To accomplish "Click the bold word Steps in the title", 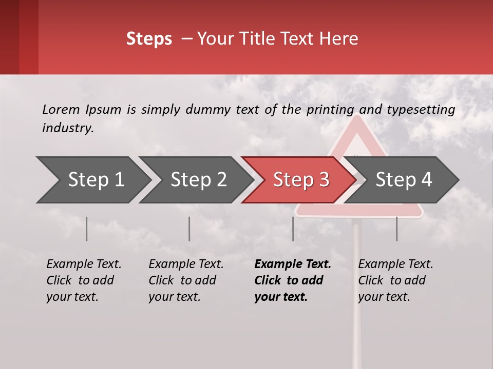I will click(149, 39).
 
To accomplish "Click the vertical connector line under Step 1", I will click(87, 229).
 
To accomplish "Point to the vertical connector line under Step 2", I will click(189, 229).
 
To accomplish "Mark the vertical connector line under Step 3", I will click(293, 229).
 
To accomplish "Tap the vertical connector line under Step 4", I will click(396, 229).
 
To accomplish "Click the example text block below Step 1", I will click(84, 280).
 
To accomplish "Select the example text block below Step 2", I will click(186, 280).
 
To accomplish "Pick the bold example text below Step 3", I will click(293, 280).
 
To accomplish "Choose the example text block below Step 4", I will click(395, 280).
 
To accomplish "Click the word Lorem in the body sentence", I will click(61, 109).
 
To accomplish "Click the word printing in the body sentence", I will click(330, 110).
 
